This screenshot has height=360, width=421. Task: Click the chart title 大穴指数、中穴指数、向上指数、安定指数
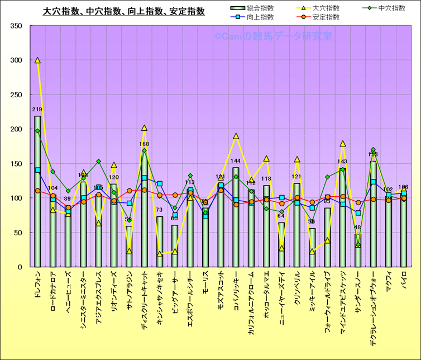[x=124, y=11]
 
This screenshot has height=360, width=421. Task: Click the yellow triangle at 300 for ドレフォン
[x=37, y=60]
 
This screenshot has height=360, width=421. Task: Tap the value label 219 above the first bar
[x=37, y=110]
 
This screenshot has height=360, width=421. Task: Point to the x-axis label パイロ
[x=404, y=278]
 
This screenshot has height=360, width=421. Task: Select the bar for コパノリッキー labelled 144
[x=236, y=218]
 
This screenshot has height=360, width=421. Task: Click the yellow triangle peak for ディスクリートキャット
[x=144, y=129]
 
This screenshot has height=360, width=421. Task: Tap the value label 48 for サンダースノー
[x=358, y=228]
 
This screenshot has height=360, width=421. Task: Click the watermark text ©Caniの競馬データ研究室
[x=272, y=36]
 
